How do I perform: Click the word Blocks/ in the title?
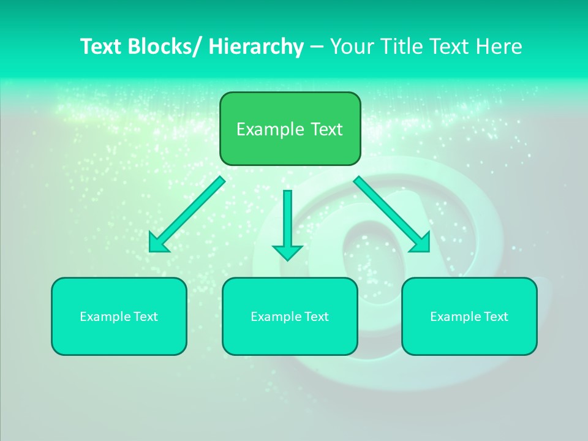point(160,47)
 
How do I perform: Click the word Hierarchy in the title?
point(256,47)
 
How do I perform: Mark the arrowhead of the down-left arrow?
point(157,244)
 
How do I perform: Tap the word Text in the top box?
point(325,129)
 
